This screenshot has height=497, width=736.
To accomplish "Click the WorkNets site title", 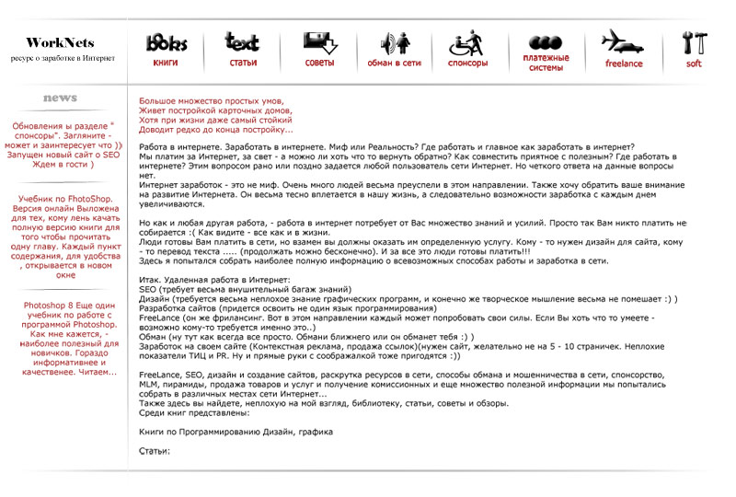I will pyautogui.click(x=60, y=42).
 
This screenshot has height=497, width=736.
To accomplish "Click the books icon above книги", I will pyautogui.click(x=167, y=42).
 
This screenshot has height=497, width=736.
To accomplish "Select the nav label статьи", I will pyautogui.click(x=243, y=64).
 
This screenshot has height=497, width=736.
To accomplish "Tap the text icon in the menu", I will pyautogui.click(x=242, y=42).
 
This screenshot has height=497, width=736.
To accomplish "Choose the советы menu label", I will pyautogui.click(x=319, y=64).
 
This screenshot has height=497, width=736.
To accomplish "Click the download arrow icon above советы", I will pyautogui.click(x=320, y=42).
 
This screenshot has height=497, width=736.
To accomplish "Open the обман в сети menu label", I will pyautogui.click(x=394, y=64).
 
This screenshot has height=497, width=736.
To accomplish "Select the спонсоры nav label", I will pyautogui.click(x=468, y=64).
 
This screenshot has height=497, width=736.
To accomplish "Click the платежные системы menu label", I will pyautogui.click(x=546, y=63).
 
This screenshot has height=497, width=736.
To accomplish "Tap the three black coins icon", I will pyautogui.click(x=546, y=42).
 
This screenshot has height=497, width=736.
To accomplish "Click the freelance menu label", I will pyautogui.click(x=624, y=64).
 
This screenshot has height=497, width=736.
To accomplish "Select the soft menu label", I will pyautogui.click(x=694, y=64).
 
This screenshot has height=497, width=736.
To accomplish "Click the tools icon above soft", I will pyautogui.click(x=695, y=42).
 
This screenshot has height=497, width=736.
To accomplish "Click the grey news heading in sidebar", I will pyautogui.click(x=60, y=98).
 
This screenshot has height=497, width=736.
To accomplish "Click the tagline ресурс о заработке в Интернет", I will pyautogui.click(x=62, y=58).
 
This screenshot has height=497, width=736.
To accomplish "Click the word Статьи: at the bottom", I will pyautogui.click(x=155, y=451).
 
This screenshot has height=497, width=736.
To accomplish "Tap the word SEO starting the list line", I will pyautogui.click(x=148, y=288).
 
